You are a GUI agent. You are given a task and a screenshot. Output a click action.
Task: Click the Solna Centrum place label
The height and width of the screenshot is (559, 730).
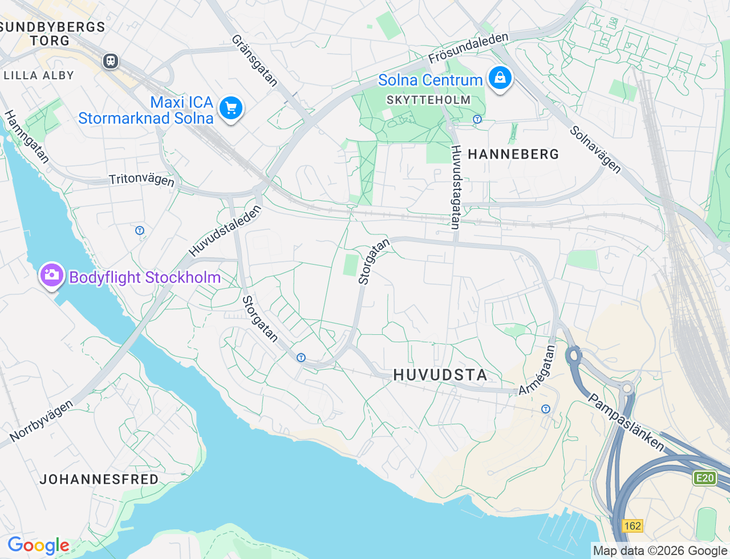tap(430, 80)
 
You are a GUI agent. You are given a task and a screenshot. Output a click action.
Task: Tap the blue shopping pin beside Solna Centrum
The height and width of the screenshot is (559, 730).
tap(500, 78)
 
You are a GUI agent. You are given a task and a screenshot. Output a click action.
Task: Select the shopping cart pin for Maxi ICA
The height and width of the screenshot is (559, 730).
tap(231, 107)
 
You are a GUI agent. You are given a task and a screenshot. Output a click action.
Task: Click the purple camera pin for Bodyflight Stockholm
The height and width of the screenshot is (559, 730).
tap(51, 276)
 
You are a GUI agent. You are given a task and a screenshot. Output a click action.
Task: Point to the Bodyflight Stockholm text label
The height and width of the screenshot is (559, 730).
tap(145, 278)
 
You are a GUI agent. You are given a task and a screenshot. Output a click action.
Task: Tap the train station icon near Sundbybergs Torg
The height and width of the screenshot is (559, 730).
tap(111, 60)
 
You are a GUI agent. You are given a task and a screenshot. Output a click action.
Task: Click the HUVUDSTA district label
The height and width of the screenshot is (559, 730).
tap(440, 375)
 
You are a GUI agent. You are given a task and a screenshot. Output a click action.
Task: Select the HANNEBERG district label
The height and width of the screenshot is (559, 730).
tap(513, 154)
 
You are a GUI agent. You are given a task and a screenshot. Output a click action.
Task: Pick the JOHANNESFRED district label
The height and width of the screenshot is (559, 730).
tap(99, 479)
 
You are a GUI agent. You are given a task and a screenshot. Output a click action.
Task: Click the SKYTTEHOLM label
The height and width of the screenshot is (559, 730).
tap(429, 100)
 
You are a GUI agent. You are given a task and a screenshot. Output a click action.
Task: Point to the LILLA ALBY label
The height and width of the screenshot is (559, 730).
tap(39, 75)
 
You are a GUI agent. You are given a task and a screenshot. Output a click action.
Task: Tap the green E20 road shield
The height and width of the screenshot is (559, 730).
tap(705, 478)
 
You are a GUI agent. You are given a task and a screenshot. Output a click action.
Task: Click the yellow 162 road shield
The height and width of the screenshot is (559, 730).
tap(632, 525)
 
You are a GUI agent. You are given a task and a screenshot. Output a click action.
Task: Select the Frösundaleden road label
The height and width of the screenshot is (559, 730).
tap(468, 48)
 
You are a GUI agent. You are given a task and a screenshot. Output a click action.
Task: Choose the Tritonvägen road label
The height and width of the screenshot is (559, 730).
tap(141, 179)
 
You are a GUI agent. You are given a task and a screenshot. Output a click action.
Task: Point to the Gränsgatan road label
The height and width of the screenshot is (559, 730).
tap(254, 60)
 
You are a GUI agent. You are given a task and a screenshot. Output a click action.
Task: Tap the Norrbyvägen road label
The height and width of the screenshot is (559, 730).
tap(42, 421)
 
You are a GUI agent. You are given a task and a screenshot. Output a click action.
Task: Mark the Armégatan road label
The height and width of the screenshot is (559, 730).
tap(537, 370)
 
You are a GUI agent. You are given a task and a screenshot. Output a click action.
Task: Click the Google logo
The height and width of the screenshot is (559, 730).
tap(38, 545)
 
